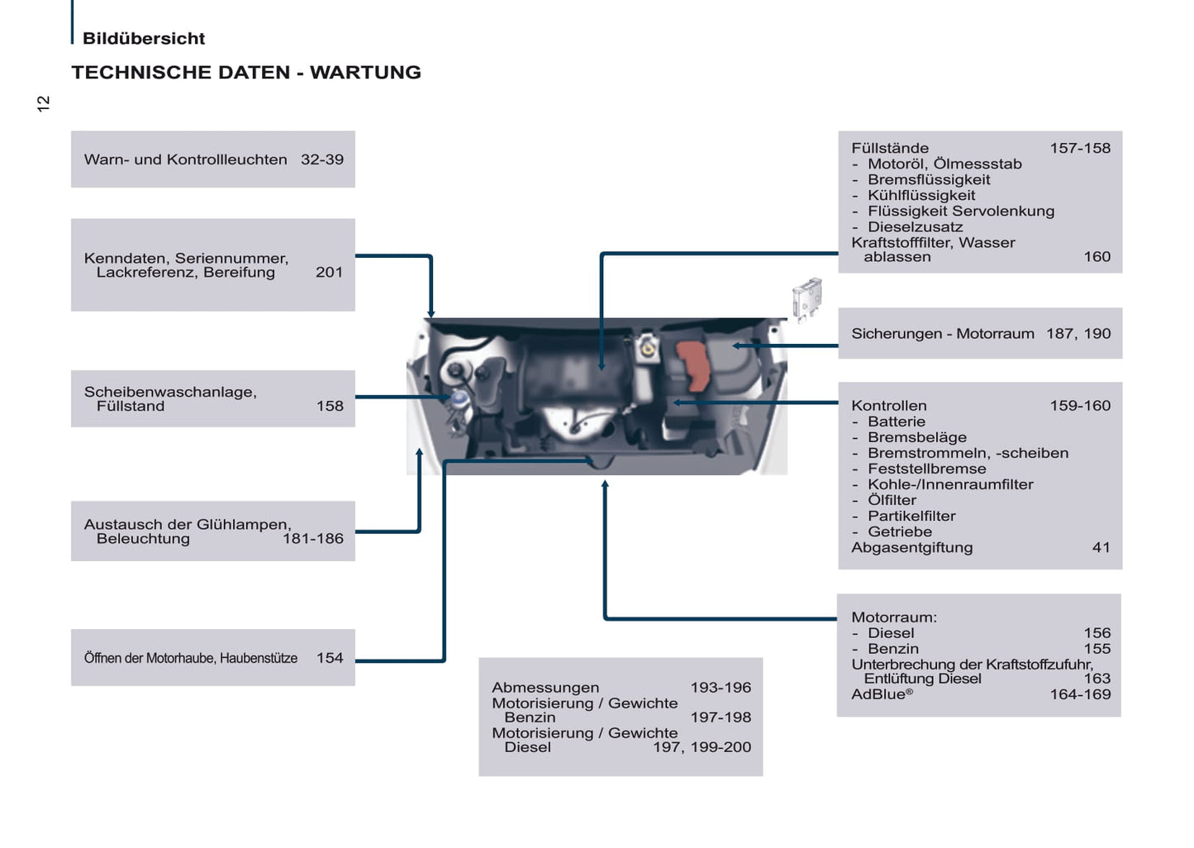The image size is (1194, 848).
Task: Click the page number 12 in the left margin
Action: (x=44, y=103)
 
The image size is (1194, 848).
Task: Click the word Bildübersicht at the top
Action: (x=144, y=39)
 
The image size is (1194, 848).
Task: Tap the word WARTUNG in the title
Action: (x=365, y=73)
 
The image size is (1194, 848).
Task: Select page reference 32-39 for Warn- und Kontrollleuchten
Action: (x=322, y=160)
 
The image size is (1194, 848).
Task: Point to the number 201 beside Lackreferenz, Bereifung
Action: (x=329, y=272)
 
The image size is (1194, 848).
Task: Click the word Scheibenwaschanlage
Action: (x=170, y=392)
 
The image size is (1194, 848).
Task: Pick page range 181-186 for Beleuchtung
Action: (x=312, y=538)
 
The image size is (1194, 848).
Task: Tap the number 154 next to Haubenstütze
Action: (x=330, y=658)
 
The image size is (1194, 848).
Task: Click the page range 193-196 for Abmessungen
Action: (x=721, y=688)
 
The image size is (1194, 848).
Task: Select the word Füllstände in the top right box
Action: (x=890, y=149)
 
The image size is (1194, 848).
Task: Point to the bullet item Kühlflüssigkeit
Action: (x=921, y=196)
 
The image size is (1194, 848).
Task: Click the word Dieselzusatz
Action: (x=915, y=227)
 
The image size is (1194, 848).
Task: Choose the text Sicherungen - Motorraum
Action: (x=943, y=334)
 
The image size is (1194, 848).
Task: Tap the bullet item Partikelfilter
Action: (x=911, y=517)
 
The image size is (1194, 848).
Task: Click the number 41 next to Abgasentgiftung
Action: (x=1101, y=547)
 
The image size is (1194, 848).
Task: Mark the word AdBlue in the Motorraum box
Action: (x=879, y=695)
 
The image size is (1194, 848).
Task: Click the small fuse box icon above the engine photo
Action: (x=807, y=298)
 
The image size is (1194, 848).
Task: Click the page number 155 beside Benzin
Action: (x=1096, y=649)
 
